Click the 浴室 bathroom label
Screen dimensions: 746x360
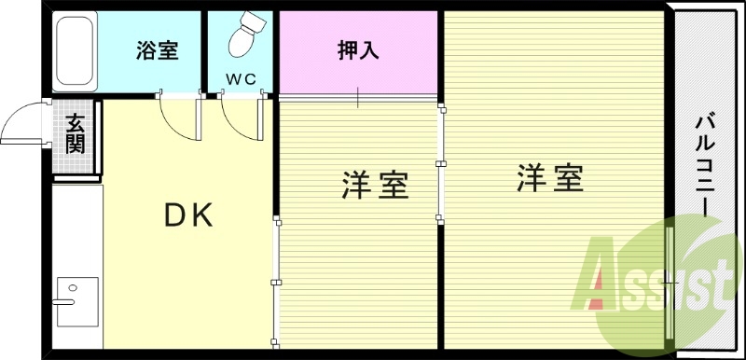157,51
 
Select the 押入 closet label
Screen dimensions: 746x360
357,50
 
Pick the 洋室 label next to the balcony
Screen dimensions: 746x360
550,178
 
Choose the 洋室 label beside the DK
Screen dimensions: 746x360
375,186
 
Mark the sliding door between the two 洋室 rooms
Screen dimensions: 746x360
440,163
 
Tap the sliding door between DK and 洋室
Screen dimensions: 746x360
275,280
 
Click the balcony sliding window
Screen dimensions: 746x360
670,280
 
